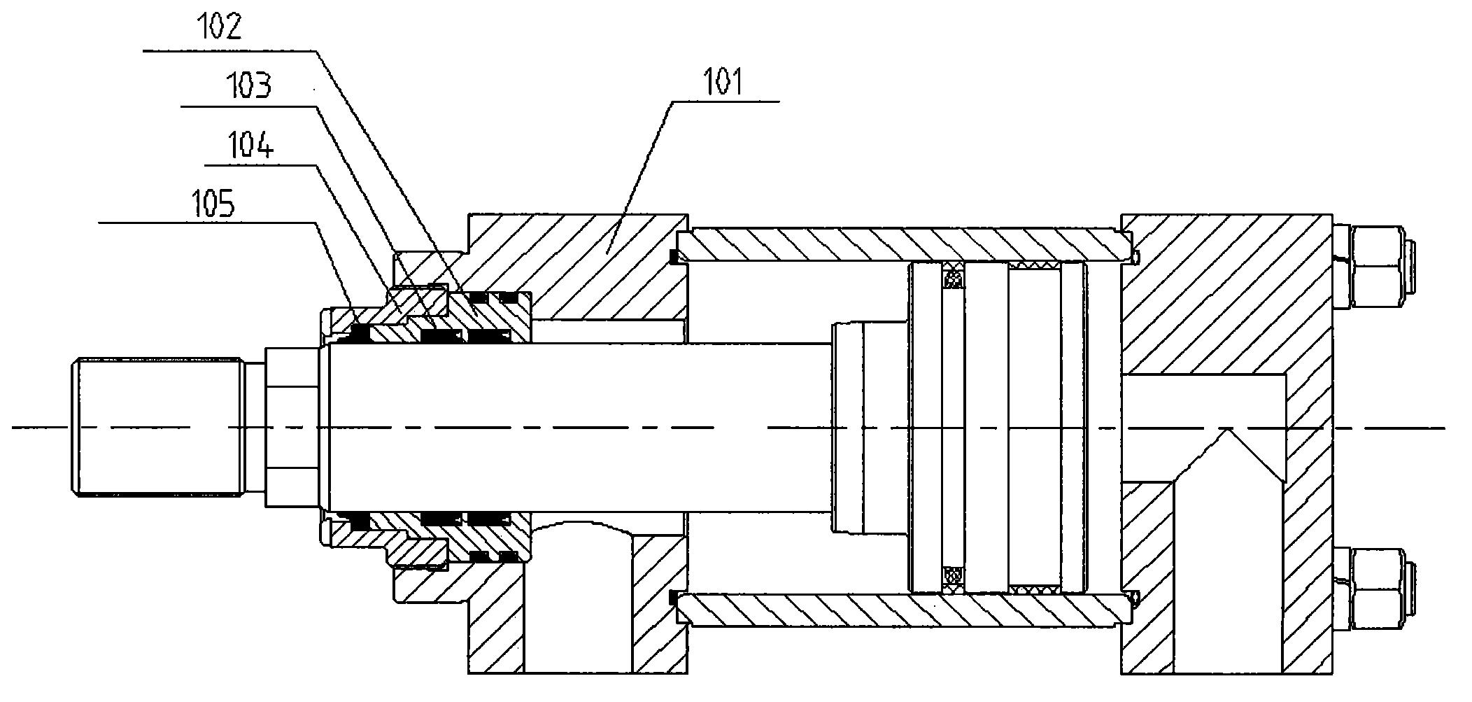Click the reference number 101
coord(724,83)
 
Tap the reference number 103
coord(248,87)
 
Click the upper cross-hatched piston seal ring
coord(952,276)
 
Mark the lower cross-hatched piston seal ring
coord(952,578)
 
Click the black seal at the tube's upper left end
coord(674,258)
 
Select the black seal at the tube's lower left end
coord(674,598)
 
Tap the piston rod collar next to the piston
coord(868,428)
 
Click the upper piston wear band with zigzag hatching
coord(1035,265)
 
